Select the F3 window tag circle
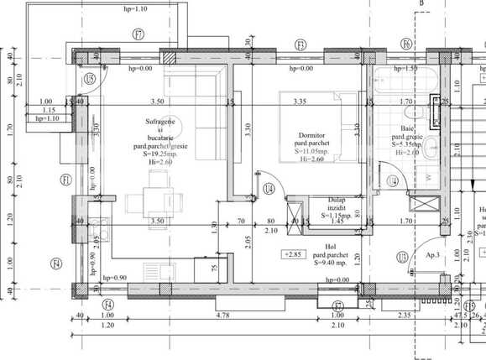300,44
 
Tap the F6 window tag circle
406,44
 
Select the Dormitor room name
311,134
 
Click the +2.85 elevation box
293,253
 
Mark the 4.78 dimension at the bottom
223,315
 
